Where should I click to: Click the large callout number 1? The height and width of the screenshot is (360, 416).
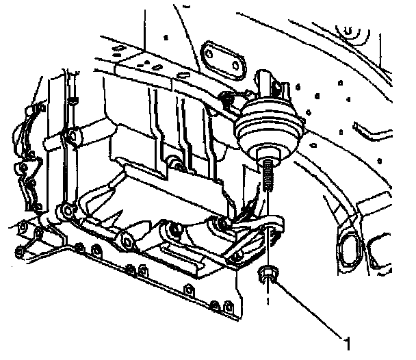coord(348,339)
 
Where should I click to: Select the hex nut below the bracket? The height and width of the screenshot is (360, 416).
coord(267,276)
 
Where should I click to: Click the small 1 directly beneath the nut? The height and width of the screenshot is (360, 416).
coord(268,299)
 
